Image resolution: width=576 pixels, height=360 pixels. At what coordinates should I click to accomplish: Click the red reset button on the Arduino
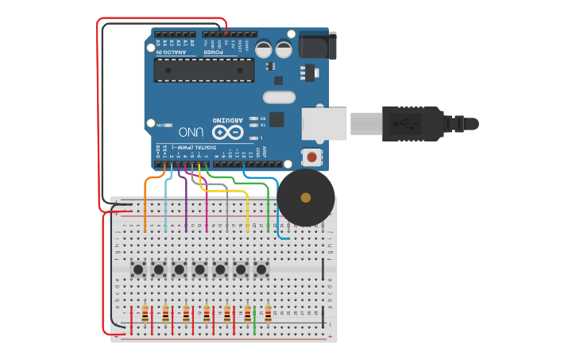311,157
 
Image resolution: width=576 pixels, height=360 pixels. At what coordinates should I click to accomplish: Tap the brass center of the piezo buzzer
306,197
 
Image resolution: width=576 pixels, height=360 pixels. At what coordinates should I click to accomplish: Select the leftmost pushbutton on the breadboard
138,269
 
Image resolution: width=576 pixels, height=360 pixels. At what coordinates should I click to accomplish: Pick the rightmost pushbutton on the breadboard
261,269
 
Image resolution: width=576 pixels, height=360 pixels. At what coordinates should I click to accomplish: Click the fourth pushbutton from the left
200,269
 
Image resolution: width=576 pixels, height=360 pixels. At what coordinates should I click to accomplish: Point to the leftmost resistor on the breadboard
145,313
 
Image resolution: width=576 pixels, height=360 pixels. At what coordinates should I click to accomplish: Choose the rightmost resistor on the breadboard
268,313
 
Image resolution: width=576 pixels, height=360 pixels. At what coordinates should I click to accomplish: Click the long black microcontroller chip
204,70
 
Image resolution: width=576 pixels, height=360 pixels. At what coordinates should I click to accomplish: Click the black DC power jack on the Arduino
317,45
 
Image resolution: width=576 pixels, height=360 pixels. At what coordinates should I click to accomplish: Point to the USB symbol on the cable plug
412,123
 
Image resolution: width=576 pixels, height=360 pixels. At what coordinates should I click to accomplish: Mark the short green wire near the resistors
254,326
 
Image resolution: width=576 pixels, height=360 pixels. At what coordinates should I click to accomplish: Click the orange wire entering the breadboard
146,203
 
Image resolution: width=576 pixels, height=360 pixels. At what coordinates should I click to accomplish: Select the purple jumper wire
186,203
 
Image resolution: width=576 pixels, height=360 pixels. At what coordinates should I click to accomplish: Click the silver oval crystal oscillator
278,98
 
